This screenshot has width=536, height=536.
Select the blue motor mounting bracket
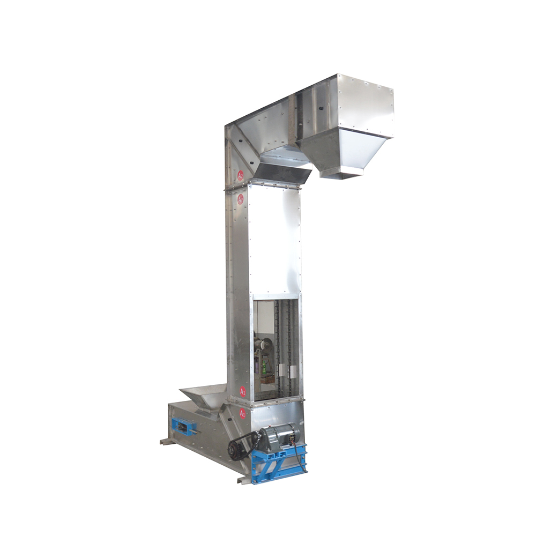279,462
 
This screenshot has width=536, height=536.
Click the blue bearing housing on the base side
182,427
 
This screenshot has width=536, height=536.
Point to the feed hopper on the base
207,396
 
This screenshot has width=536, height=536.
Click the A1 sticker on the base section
242,413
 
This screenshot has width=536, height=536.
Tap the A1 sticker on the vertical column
243,391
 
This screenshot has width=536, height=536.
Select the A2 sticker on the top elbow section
241,175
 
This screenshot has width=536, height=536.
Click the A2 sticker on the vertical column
240,199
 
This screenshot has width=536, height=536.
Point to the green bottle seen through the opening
263,368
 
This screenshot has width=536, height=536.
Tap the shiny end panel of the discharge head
365,106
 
